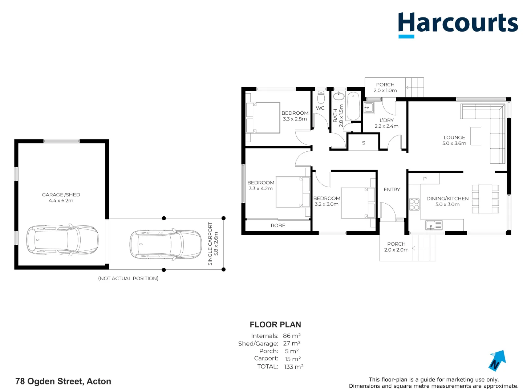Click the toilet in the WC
click(321, 97)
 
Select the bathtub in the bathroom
click(353, 107)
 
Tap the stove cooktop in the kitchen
click(414, 204)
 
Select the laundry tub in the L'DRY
click(369, 108)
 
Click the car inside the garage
click(62, 240)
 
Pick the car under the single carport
click(166, 244)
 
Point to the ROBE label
click(278, 225)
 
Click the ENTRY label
click(392, 189)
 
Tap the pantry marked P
click(425, 179)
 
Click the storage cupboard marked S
click(363, 143)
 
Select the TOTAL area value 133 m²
click(293, 367)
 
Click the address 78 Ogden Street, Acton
click(63, 381)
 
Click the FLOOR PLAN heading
click(275, 324)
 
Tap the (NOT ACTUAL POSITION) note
click(128, 278)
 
